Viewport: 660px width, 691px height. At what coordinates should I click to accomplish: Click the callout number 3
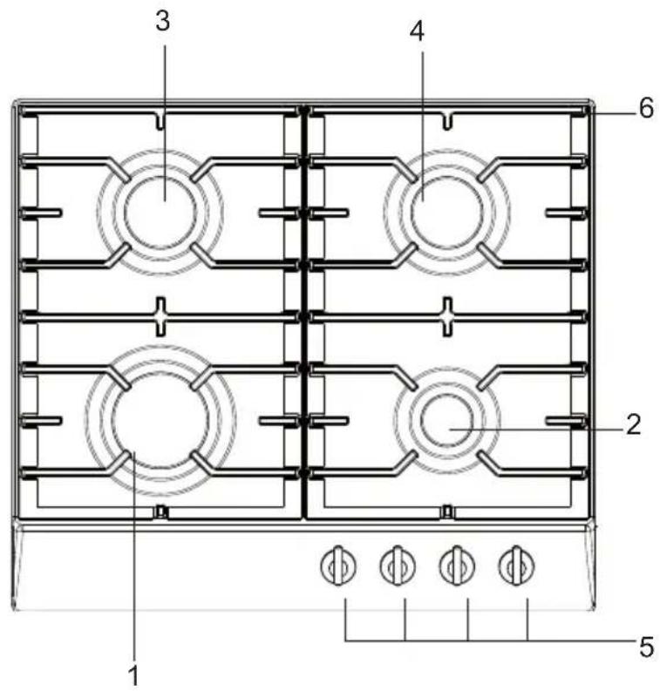click(x=163, y=21)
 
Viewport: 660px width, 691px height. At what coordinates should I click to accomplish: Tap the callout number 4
click(x=417, y=31)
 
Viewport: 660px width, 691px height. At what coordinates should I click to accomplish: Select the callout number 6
click(x=646, y=108)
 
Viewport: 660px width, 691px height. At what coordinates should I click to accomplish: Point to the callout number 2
click(x=634, y=425)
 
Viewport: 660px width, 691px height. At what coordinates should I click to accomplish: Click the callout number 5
click(x=646, y=647)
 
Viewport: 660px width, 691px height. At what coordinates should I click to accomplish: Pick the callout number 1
click(x=133, y=675)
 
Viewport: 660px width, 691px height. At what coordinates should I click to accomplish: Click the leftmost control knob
click(x=338, y=566)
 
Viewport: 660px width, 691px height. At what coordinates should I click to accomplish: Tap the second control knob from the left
click(x=398, y=566)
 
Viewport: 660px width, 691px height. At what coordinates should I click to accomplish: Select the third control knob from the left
click(x=457, y=566)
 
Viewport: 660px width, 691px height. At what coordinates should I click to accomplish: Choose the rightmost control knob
click(x=516, y=566)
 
